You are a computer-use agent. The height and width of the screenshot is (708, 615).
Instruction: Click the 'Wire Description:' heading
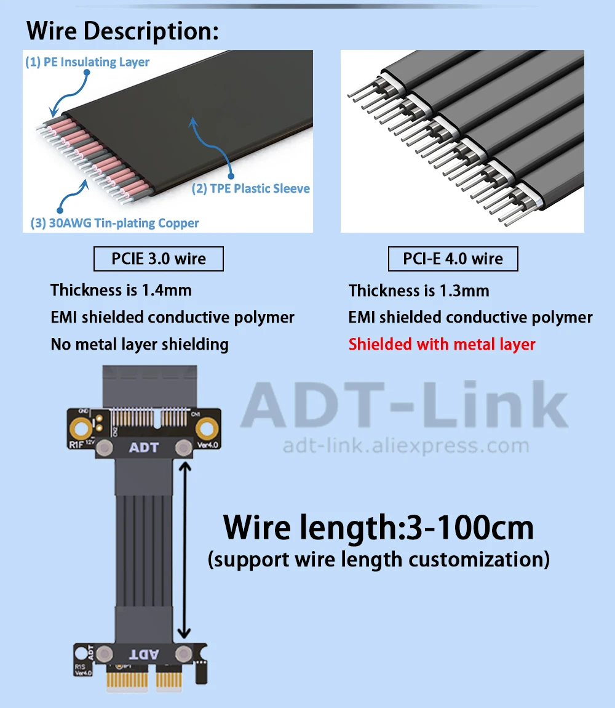coord(122,31)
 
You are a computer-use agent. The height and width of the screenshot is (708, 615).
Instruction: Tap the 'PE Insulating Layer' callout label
coord(87,62)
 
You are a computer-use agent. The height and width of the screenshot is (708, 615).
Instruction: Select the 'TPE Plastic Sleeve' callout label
coord(250,189)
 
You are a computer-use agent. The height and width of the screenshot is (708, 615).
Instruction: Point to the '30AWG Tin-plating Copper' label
coord(114,223)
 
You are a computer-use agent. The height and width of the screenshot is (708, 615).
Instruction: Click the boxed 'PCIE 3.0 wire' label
coord(158,259)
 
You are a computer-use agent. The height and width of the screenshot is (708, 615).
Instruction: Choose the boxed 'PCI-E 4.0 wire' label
coord(453,259)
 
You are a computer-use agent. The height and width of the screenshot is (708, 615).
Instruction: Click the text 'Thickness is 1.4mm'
coord(121,290)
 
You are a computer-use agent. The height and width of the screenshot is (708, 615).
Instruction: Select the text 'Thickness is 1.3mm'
coord(419,291)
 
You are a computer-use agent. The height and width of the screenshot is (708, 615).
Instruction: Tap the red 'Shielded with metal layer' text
coord(442,344)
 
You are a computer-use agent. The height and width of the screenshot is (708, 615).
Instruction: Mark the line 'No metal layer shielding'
coord(140,344)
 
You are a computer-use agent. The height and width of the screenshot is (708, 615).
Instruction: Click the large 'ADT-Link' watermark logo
coord(404,405)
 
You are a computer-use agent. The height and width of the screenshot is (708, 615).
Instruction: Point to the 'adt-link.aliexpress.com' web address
coord(405,446)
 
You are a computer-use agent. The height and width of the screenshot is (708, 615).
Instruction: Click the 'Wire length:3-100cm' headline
coord(378,528)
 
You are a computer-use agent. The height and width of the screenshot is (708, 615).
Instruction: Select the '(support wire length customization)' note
coord(378,560)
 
